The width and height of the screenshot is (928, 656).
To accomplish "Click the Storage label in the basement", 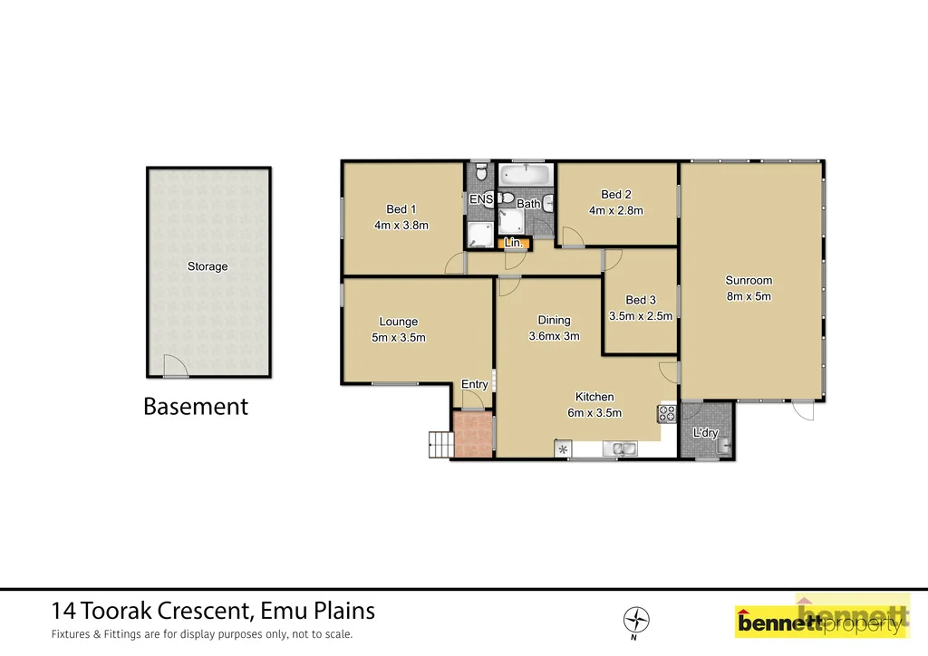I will tap(208, 266).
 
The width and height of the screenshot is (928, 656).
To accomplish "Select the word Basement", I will tap(196, 407).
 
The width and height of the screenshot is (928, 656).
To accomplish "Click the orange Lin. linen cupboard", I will tap(513, 243).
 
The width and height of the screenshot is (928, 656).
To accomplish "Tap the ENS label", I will tap(480, 199).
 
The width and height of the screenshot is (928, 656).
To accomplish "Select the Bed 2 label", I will tap(615, 194).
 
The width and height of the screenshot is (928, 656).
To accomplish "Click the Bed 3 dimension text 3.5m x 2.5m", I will tap(641, 316).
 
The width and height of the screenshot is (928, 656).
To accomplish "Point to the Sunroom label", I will tap(749, 280).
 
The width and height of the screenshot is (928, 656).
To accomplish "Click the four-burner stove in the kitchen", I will tap(667, 414).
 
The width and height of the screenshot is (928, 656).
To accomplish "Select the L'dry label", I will tap(705, 433).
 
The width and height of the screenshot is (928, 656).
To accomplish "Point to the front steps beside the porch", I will tap(440, 443).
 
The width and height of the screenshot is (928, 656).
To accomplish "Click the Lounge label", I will tap(398, 322).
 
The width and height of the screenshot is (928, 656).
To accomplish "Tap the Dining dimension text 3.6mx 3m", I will tap(554, 336).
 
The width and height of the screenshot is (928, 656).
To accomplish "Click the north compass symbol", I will tap(637, 621).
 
